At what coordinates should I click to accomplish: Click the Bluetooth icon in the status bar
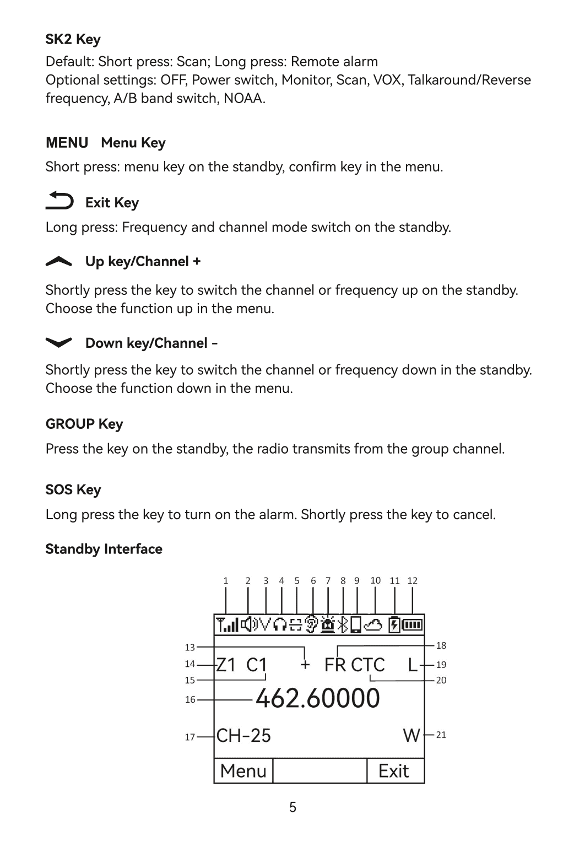click(343, 624)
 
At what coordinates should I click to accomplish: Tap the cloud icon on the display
click(375, 624)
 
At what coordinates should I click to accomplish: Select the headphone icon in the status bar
click(280, 624)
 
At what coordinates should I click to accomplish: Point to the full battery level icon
click(413, 624)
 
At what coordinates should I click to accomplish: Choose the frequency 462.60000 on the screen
click(317, 698)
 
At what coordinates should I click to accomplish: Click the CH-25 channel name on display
click(243, 735)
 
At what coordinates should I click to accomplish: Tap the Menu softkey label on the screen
click(243, 770)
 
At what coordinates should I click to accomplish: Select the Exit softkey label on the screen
click(393, 770)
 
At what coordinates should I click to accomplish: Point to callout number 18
click(441, 645)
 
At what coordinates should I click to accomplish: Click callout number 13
click(190, 648)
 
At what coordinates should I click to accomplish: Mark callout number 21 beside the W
click(441, 735)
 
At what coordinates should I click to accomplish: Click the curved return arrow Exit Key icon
click(59, 201)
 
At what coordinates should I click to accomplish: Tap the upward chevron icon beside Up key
click(59, 262)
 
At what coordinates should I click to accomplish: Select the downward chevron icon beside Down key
click(59, 343)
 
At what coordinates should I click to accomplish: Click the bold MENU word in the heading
click(67, 143)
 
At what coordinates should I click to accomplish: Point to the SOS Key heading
click(73, 489)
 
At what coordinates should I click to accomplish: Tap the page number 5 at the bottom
click(292, 807)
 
